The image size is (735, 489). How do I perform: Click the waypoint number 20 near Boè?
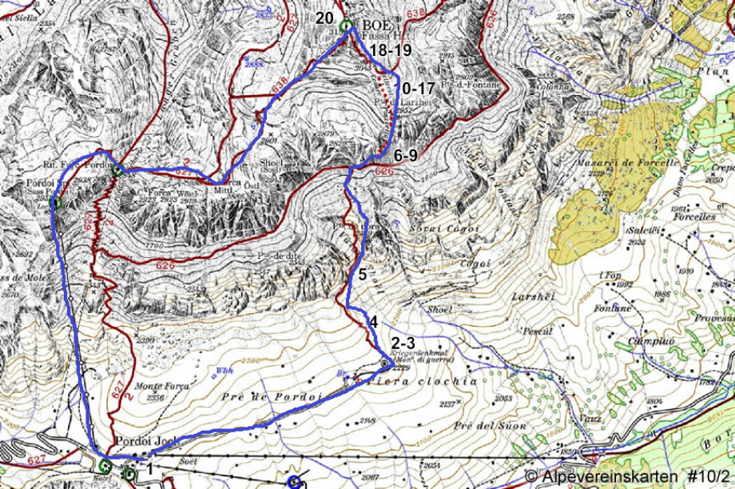click(324, 18)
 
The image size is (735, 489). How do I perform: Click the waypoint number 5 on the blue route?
click(362, 274)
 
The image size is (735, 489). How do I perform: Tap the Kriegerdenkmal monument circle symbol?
click(384, 364)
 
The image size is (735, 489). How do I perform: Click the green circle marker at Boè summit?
click(345, 26)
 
